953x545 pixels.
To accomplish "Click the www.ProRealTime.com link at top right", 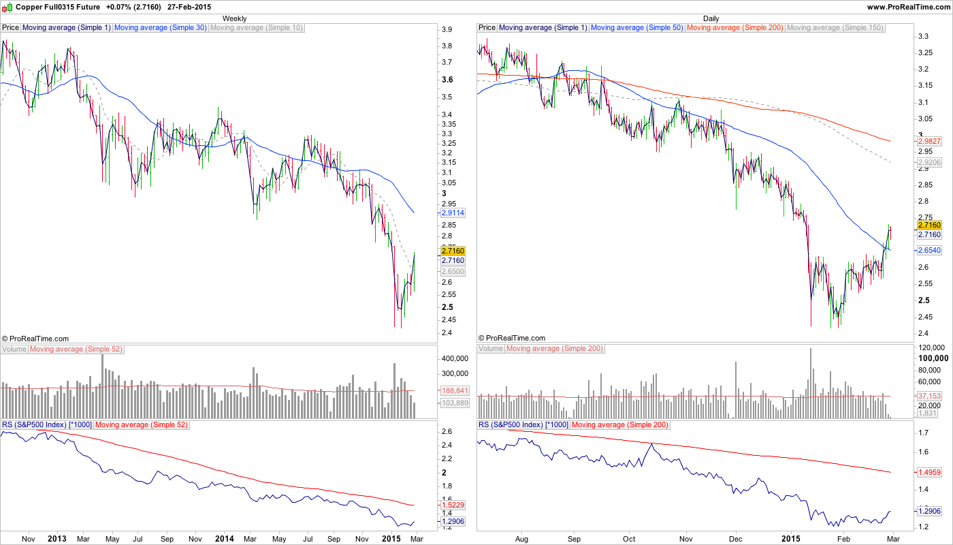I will tap(909, 6).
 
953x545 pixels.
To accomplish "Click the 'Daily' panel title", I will tap(711, 18).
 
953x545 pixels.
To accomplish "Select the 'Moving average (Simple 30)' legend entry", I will tap(160, 28).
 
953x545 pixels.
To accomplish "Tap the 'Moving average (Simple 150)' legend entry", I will tap(835, 28).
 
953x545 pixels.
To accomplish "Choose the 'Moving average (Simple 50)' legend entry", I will tap(636, 28).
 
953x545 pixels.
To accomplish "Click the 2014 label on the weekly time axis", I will tap(224, 539).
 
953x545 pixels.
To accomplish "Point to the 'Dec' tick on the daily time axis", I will tap(736, 539).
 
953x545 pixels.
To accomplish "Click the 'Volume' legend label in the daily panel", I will tap(491, 349).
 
